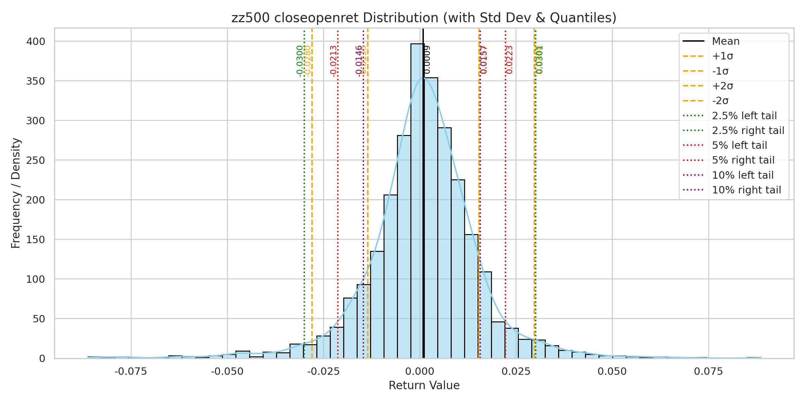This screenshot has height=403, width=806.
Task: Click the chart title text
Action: click(424, 18)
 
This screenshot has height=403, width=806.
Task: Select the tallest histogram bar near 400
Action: click(417, 201)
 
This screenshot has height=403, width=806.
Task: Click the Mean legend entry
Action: click(725, 41)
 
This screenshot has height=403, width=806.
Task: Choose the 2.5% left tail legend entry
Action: click(744, 116)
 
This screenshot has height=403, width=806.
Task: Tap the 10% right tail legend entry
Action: click(746, 190)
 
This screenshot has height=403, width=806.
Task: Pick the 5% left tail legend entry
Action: click(740, 145)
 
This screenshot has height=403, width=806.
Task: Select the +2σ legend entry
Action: click(722, 86)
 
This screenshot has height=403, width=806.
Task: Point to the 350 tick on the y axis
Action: click(36, 81)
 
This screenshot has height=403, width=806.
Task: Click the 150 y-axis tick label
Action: click(36, 240)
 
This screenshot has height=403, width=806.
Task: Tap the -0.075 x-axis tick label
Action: click(131, 372)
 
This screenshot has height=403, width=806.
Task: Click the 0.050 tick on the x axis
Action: click(612, 372)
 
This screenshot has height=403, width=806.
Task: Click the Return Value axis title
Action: click(424, 386)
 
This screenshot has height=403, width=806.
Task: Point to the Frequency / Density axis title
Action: click(16, 193)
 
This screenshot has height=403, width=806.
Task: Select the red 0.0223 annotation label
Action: click(509, 60)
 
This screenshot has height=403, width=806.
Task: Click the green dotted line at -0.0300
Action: click(304, 201)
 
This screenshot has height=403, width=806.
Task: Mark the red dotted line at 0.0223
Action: click(505, 201)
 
